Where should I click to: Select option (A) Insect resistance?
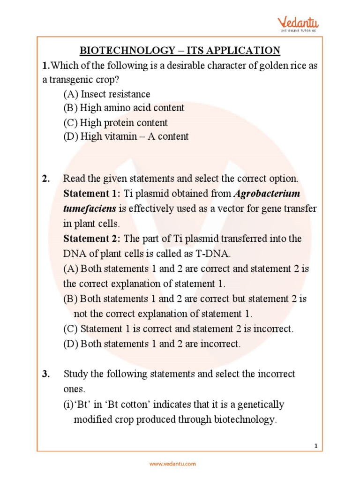point(107,94)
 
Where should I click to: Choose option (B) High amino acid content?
point(124,108)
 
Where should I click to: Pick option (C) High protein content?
point(115,123)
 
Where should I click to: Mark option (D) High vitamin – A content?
point(126,136)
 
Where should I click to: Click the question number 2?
point(45,179)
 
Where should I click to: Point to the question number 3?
point(45,374)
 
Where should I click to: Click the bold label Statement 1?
point(92,194)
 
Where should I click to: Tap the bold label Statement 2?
point(92,239)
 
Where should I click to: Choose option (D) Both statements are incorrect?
point(152,344)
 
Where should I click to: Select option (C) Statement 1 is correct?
point(178,329)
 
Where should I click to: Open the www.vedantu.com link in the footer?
point(172,464)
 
